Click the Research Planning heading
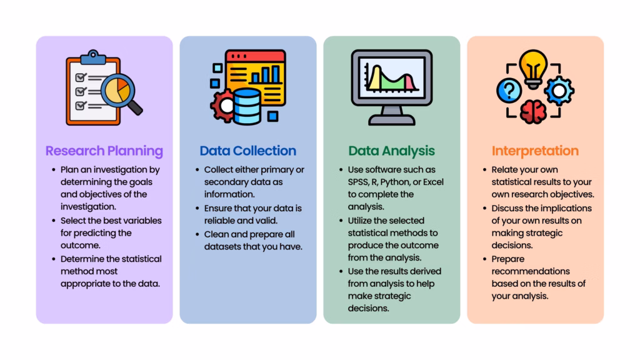pyautogui.click(x=104, y=151)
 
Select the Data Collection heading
pyautogui.click(x=247, y=151)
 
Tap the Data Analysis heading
pyautogui.click(x=391, y=151)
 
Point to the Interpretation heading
pyautogui.click(x=535, y=151)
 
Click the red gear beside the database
pyautogui.click(x=223, y=105)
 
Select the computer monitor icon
pyautogui.click(x=391, y=84)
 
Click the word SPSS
pyautogui.click(x=359, y=182)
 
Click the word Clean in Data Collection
pyautogui.click(x=216, y=234)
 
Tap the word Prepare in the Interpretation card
pyautogui.click(x=507, y=259)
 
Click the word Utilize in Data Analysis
pyautogui.click(x=361, y=220)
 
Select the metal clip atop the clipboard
pyautogui.click(x=93, y=56)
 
